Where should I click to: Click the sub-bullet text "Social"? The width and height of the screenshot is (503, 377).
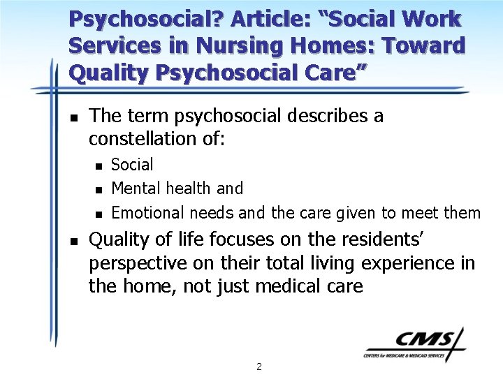click(x=132, y=165)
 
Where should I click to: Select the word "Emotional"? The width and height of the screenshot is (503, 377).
click(x=145, y=212)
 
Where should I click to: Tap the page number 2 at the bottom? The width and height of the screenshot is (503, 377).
click(x=258, y=366)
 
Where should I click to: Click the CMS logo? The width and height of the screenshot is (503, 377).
click(x=414, y=345)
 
